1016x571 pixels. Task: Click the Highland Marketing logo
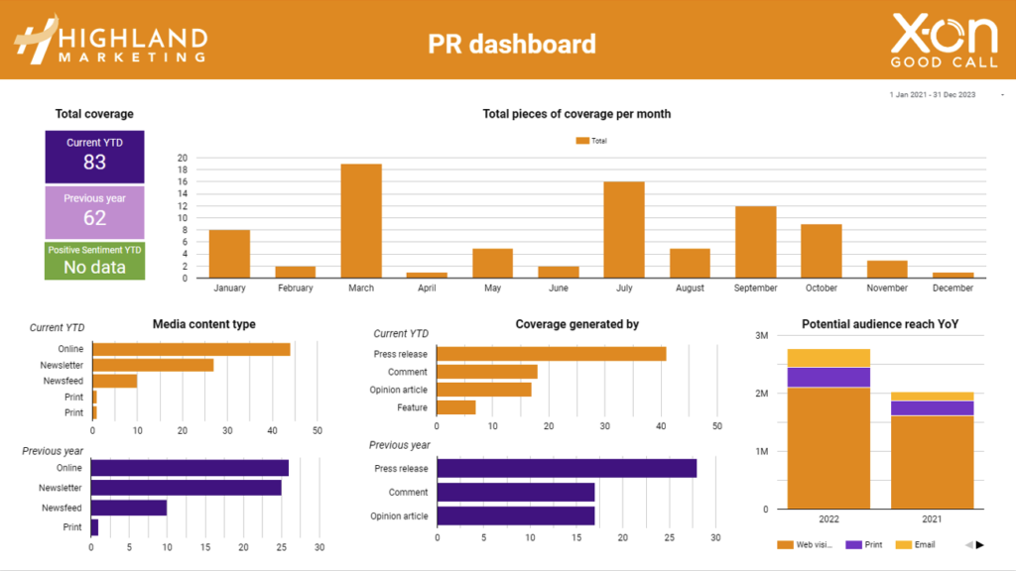coord(110,40)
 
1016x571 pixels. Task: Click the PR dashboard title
coord(512,44)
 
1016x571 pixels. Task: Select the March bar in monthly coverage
coord(361,220)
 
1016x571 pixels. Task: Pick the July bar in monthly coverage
coord(624,229)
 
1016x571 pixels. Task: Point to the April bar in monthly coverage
coord(427,275)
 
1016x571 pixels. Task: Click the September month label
coord(755,288)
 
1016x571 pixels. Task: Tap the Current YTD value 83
coord(94,163)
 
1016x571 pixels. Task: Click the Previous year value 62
coord(94,218)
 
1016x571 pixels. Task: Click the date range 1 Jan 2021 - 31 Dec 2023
coord(932,95)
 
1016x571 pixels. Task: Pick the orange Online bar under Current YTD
coord(191,349)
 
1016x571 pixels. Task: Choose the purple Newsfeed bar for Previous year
coord(129,508)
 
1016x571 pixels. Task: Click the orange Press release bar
coord(551,354)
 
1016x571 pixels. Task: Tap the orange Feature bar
coord(456,407)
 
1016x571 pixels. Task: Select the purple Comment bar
coord(515,492)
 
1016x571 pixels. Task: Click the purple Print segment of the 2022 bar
coord(828,377)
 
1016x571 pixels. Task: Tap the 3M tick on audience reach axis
coord(762,336)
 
